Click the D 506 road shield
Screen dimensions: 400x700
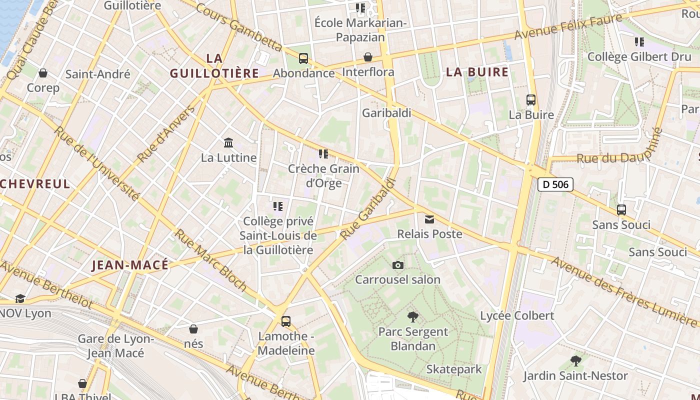[x=555, y=184]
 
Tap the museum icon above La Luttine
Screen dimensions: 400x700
[x=228, y=143]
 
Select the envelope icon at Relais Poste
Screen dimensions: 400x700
[x=429, y=219]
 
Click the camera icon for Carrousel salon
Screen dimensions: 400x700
[x=398, y=265]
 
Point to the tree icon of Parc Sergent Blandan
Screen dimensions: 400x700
[x=412, y=316]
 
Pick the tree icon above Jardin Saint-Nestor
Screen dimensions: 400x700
[x=575, y=360]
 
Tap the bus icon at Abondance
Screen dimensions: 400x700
[x=303, y=58]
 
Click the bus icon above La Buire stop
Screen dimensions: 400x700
[x=531, y=100]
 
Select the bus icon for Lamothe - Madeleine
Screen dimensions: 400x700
[x=286, y=321]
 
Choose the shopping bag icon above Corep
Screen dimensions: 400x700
[x=43, y=73]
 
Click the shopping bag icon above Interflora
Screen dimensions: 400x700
[x=368, y=57]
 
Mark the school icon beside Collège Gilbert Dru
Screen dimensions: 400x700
[x=639, y=42]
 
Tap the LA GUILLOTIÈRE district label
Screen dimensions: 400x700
[x=214, y=66]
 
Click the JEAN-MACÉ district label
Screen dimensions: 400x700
[x=130, y=265]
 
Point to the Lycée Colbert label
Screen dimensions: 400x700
[x=517, y=315]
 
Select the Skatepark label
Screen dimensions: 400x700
[x=454, y=369]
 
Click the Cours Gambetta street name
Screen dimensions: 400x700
[x=238, y=27]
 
